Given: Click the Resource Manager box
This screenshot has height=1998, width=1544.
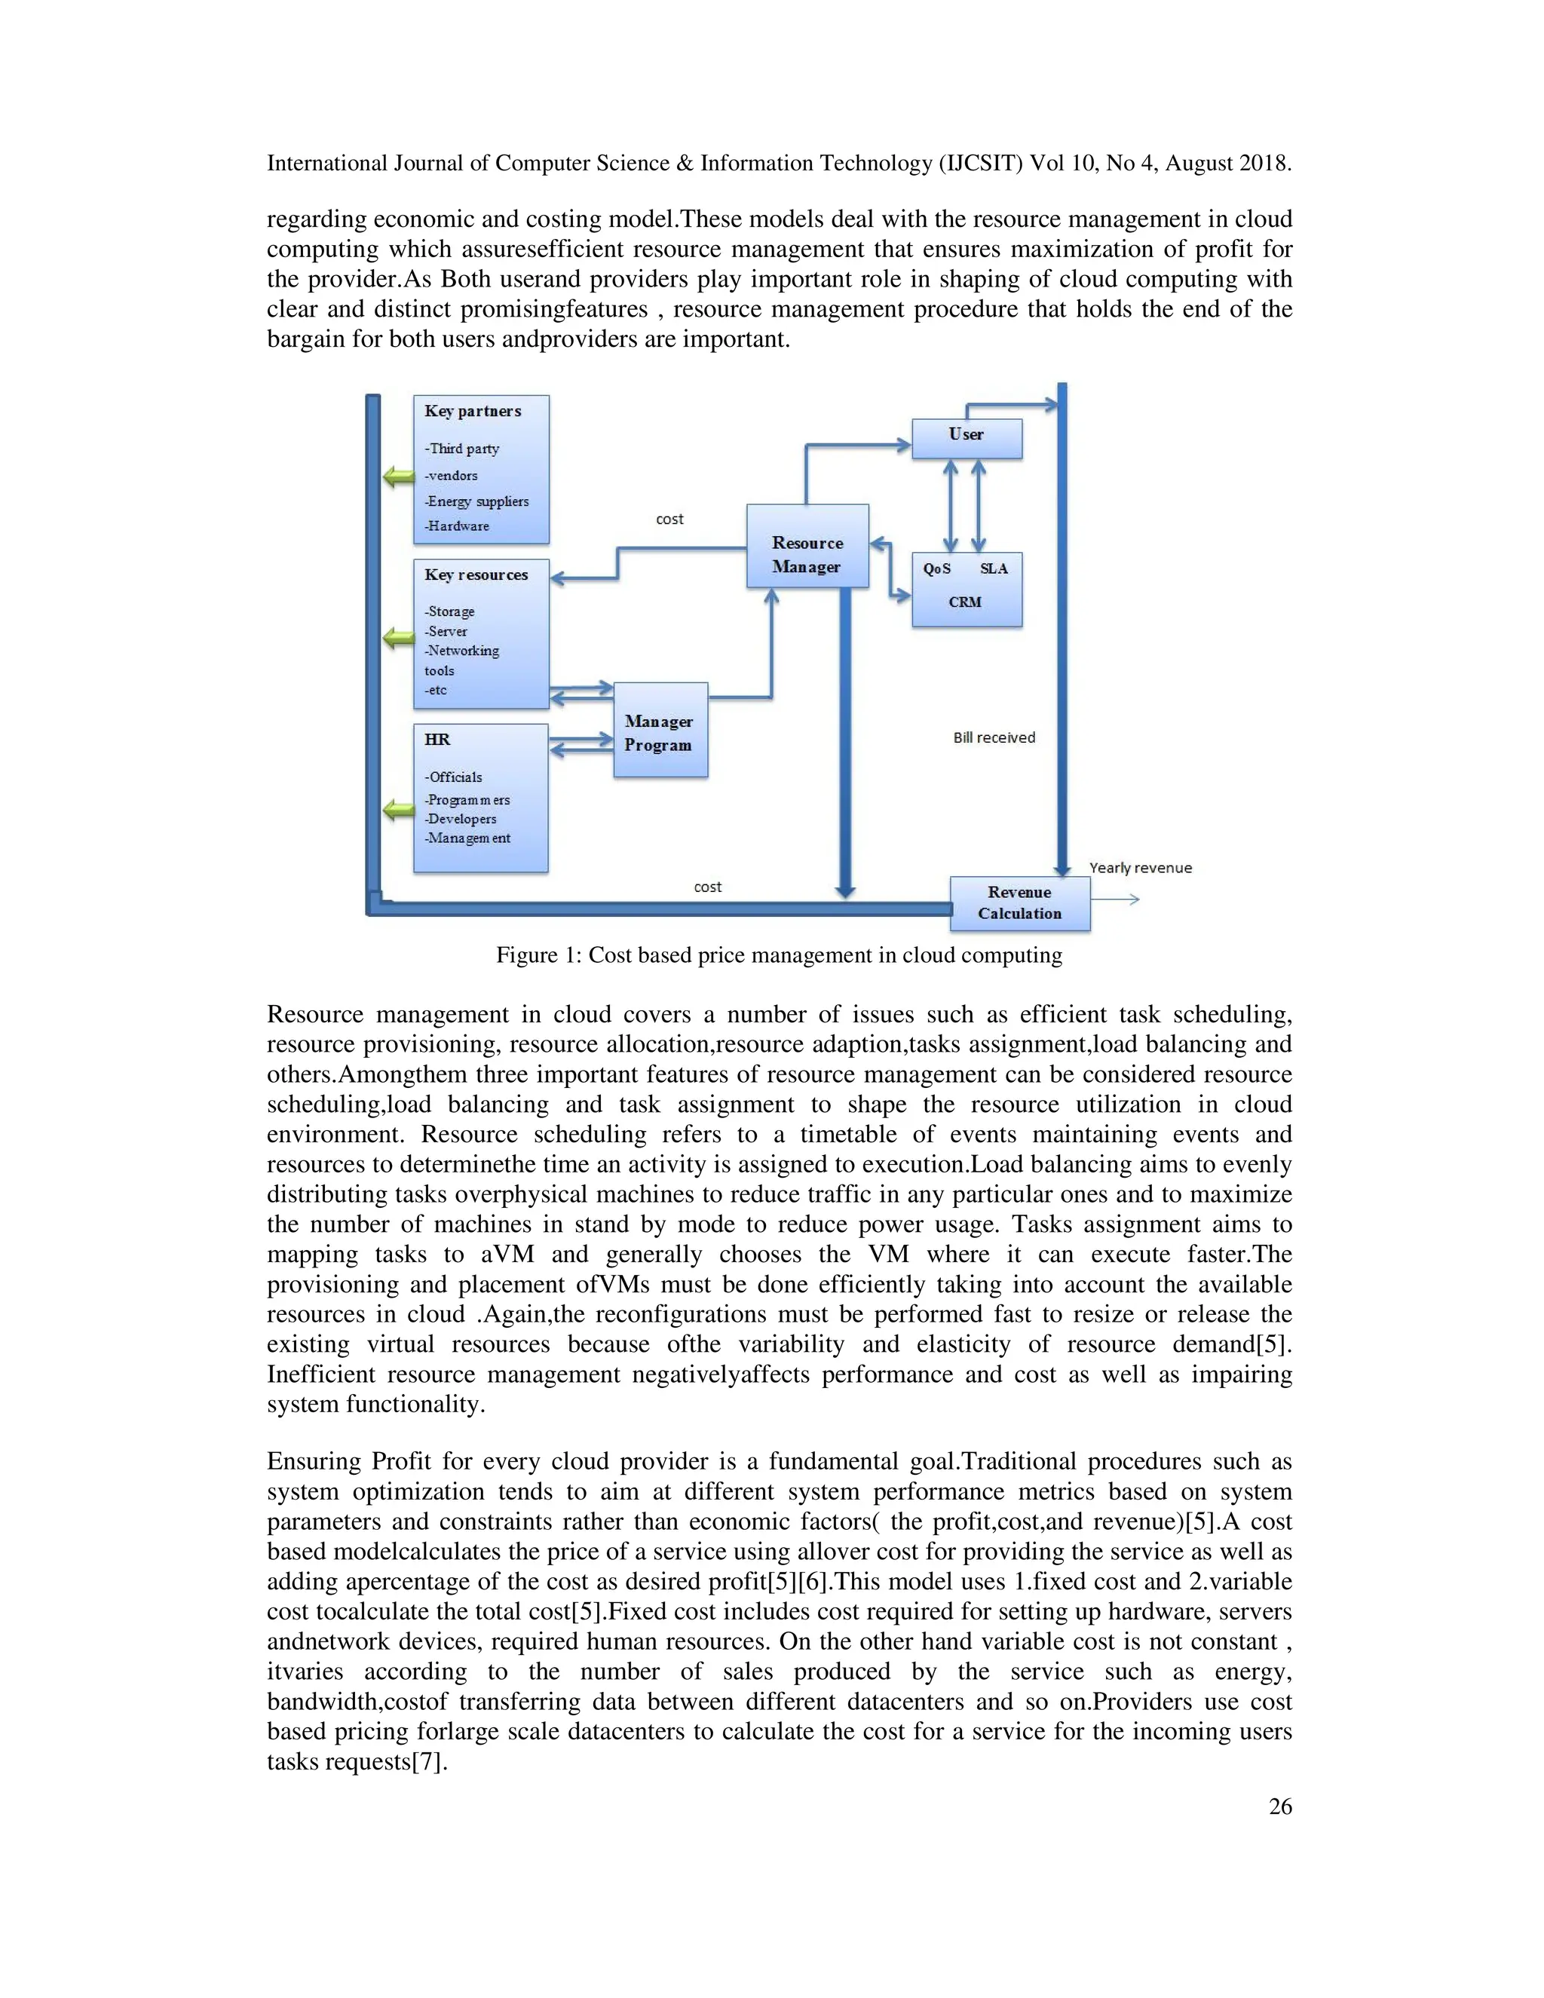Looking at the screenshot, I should (807, 546).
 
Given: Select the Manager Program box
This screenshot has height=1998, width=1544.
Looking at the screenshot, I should (660, 730).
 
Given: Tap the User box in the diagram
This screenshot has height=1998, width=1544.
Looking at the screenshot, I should (966, 438).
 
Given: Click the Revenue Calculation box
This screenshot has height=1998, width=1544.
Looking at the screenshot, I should (1019, 903).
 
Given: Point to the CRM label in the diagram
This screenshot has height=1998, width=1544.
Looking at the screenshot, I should (965, 602).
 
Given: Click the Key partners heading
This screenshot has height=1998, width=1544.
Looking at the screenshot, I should (473, 412).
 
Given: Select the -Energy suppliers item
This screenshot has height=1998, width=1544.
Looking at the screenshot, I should (476, 501).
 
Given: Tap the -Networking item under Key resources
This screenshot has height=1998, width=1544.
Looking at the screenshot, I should (462, 651).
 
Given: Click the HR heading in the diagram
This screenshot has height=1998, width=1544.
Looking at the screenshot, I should (437, 739).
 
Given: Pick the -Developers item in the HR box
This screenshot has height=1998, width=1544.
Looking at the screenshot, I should (461, 819).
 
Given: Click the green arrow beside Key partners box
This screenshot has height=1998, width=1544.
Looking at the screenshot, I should (398, 477).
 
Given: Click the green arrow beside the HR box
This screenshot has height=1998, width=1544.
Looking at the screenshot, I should (398, 809).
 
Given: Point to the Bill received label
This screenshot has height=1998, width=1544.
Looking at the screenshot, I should (994, 737).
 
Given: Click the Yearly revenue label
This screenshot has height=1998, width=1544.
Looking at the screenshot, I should (1140, 867).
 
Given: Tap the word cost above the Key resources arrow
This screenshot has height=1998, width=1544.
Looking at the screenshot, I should (669, 519).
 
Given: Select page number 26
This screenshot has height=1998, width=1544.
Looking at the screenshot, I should (1279, 1806).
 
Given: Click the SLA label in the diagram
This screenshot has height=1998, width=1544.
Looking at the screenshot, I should (994, 568).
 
